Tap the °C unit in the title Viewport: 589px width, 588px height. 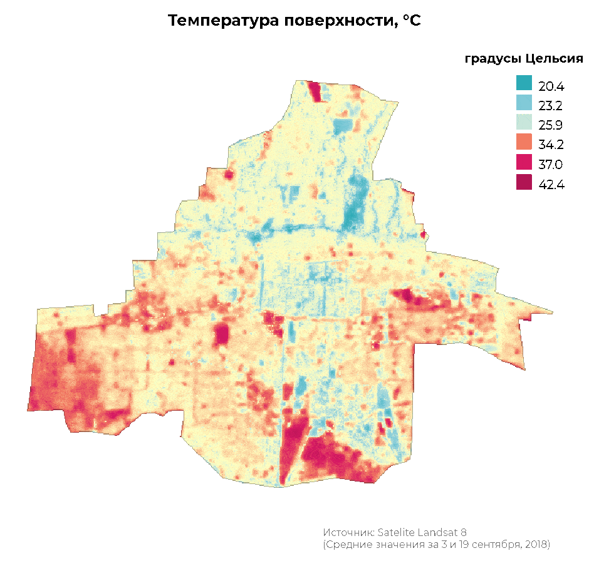[412, 21]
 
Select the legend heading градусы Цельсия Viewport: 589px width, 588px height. [524, 59]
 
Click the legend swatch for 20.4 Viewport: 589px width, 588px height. [524, 83]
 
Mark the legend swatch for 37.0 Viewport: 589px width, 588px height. [524, 163]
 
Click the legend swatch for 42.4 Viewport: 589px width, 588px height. [524, 183]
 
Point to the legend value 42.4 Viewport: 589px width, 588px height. [551, 185]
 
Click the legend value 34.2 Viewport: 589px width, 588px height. [551, 145]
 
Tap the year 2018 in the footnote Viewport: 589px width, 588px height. [536, 545]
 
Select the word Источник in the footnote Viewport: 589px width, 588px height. [348, 532]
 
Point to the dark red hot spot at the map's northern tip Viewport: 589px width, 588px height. [315, 91]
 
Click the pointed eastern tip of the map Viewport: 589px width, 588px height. [551, 311]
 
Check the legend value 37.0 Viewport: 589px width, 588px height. [551, 165]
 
